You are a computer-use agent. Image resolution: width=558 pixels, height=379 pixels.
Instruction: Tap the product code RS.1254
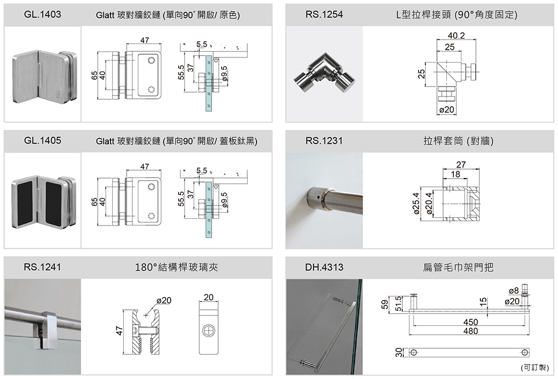(x=324, y=15)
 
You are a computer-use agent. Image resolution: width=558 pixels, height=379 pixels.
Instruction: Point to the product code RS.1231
(x=324, y=141)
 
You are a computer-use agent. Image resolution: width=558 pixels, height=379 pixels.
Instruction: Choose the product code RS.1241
(x=42, y=267)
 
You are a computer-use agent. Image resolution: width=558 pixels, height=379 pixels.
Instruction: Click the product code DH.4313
(x=324, y=267)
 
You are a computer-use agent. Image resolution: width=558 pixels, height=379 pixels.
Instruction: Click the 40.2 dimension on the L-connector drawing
(x=456, y=36)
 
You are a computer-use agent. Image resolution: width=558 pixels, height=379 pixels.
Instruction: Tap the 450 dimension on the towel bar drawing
(x=470, y=323)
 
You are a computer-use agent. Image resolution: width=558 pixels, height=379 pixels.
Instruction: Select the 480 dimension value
(x=470, y=332)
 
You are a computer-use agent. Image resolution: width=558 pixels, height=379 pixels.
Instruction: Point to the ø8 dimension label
(x=514, y=291)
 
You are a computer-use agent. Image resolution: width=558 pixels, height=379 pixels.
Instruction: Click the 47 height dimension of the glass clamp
(x=119, y=332)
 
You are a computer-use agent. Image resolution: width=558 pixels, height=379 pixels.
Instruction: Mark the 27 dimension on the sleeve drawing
(x=461, y=165)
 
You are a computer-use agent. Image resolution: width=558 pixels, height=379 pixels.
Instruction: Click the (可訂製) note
(x=535, y=368)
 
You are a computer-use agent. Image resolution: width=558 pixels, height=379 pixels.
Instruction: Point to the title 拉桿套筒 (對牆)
(x=458, y=141)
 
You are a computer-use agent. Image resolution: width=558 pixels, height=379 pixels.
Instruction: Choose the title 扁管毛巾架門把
(x=458, y=267)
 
